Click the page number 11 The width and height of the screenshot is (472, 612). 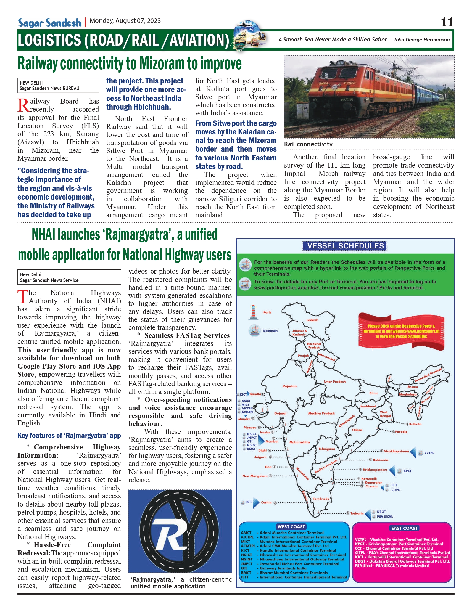click(x=447, y=22)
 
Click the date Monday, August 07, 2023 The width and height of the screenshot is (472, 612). click(x=125, y=21)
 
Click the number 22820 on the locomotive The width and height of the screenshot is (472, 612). click(x=349, y=83)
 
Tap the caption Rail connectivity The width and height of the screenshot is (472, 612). click(x=308, y=144)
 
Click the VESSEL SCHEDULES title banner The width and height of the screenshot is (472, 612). click(x=345, y=246)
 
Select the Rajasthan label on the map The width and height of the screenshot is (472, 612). click(x=289, y=386)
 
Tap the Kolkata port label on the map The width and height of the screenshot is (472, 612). click(x=415, y=424)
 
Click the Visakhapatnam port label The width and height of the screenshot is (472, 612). click(x=396, y=451)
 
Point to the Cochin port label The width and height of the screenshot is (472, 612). click(x=266, y=502)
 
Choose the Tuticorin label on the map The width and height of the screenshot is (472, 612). click(x=357, y=513)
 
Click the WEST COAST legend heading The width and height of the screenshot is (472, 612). click(x=291, y=527)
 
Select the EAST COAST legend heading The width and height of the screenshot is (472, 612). click(x=404, y=528)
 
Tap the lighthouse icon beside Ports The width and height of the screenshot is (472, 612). click(x=253, y=312)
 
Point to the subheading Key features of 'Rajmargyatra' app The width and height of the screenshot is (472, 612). click(x=69, y=436)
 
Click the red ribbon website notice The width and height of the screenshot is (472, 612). click(x=401, y=331)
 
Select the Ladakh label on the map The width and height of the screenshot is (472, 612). click(x=312, y=320)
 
